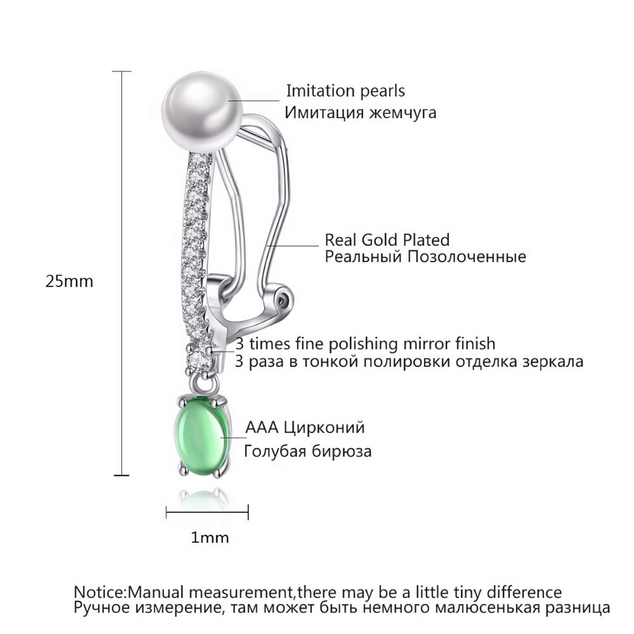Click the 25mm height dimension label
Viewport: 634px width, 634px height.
69,281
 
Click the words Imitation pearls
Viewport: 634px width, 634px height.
345,91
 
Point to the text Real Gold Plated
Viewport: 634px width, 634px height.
387,240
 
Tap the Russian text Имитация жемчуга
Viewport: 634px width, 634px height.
360,113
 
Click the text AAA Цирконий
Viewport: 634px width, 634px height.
305,427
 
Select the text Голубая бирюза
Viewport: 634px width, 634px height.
308,451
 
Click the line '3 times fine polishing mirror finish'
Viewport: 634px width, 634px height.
365,344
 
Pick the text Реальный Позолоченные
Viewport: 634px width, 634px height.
425,257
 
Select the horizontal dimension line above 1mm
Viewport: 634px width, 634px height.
207,514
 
